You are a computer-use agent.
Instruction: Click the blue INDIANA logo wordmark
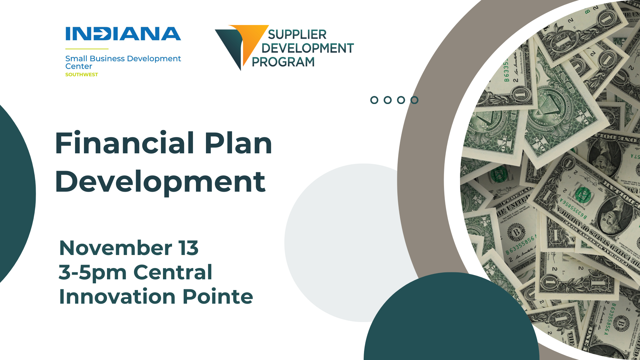[x=123, y=34]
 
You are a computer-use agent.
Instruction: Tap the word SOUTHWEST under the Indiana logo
[x=82, y=75]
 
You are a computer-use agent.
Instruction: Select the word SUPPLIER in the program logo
[x=297, y=34]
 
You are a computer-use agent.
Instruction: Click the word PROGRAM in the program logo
[x=283, y=62]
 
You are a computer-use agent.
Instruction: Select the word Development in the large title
[x=160, y=182]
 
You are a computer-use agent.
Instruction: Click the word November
[x=115, y=248]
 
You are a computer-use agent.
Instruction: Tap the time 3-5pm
[x=92, y=273]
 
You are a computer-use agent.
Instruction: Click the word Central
[x=173, y=272]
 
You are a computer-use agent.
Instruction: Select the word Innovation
[x=117, y=296]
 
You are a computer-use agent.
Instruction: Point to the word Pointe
[x=218, y=296]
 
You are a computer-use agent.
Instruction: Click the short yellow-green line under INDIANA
[x=87, y=49]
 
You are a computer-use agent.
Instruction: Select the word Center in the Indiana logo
[x=79, y=66]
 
